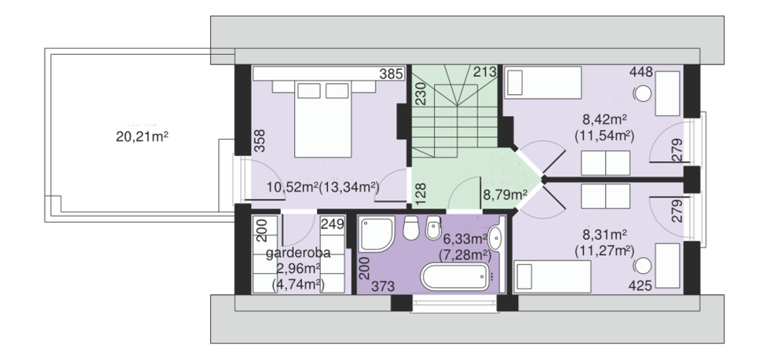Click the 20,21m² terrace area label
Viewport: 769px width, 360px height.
[x=142, y=136]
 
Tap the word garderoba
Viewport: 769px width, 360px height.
[x=298, y=253]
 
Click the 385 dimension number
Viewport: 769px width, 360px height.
[x=392, y=74]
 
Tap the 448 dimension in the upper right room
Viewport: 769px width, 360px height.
[x=642, y=73]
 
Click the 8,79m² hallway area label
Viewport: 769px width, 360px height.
[x=505, y=196]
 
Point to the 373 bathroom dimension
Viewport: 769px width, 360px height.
[x=383, y=286]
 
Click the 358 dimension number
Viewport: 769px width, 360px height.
[x=260, y=140]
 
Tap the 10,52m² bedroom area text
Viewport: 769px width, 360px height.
[x=292, y=187]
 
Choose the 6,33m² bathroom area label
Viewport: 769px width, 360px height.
[x=465, y=239]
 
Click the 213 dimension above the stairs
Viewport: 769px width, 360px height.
[x=485, y=72]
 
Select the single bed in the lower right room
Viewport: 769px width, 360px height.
[x=552, y=277]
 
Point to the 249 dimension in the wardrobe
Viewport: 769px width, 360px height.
[x=332, y=224]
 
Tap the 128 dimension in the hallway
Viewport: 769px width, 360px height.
[x=421, y=194]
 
